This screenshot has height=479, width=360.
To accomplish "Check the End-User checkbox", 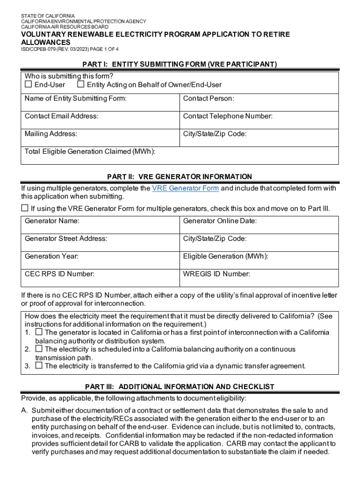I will [x=28, y=85].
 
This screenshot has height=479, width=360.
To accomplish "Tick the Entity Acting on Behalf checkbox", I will [x=80, y=85].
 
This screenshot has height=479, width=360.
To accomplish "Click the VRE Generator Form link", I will [x=185, y=189].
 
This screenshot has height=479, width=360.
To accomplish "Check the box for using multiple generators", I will [x=25, y=208].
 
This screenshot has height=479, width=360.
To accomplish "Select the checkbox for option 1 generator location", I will [x=39, y=333].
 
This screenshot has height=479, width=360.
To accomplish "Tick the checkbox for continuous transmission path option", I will [x=39, y=349].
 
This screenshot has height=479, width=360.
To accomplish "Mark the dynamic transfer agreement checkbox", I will [x=39, y=366].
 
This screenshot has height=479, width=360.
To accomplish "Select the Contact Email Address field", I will [x=101, y=123].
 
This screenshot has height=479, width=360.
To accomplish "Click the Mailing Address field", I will [x=101, y=140].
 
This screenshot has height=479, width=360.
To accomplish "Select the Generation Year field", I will [x=101, y=262].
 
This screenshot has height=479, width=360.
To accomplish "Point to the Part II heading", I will [x=180, y=177].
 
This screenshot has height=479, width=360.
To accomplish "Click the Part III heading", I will [x=180, y=387].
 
